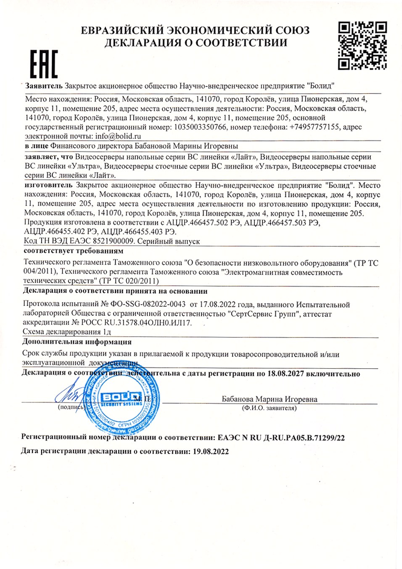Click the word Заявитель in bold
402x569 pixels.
click(45, 85)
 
